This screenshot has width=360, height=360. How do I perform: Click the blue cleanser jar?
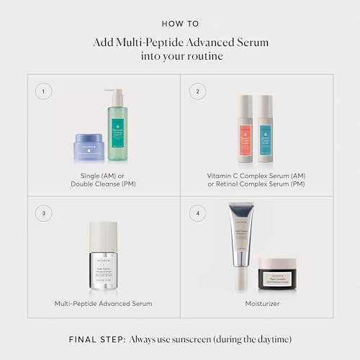[x=89, y=148]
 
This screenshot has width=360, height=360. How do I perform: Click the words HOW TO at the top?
[x=180, y=23]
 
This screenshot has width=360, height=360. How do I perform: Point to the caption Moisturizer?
[x=256, y=304]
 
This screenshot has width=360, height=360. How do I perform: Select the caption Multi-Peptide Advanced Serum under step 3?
[x=103, y=304]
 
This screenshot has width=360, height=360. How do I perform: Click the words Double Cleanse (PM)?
[x=104, y=184]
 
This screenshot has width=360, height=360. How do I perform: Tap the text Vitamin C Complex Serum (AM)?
[x=256, y=174]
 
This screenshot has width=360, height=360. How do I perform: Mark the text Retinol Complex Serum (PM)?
[x=257, y=184]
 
